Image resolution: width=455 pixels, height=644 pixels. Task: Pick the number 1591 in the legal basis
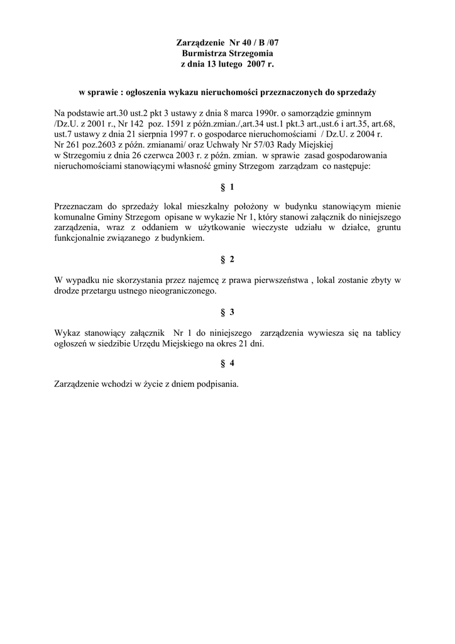pos(171,123)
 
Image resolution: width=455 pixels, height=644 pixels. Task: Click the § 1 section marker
pos(227,187)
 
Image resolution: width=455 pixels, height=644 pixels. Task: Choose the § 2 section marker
pos(227,259)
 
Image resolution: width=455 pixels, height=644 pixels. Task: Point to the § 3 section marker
pos(227,312)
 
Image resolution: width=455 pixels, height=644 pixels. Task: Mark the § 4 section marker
pos(227,365)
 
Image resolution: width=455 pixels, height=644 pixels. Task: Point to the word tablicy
pos(386,333)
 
